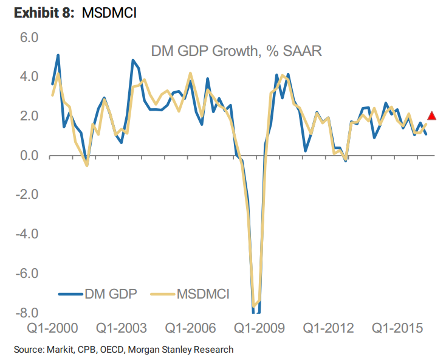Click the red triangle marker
tap(432, 116)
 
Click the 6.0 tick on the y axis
tap(27, 38)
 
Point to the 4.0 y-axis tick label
tap(27, 77)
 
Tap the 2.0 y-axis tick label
tap(27, 116)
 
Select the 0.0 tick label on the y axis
tap(27, 156)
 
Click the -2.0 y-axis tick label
tap(25, 195)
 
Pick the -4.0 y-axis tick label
tap(25, 234)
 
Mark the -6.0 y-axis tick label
tap(25, 274)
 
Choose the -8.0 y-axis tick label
tap(25, 313)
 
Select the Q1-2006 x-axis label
tap(190, 328)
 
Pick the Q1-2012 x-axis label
tap(328, 328)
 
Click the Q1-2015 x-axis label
tap(397, 328)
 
